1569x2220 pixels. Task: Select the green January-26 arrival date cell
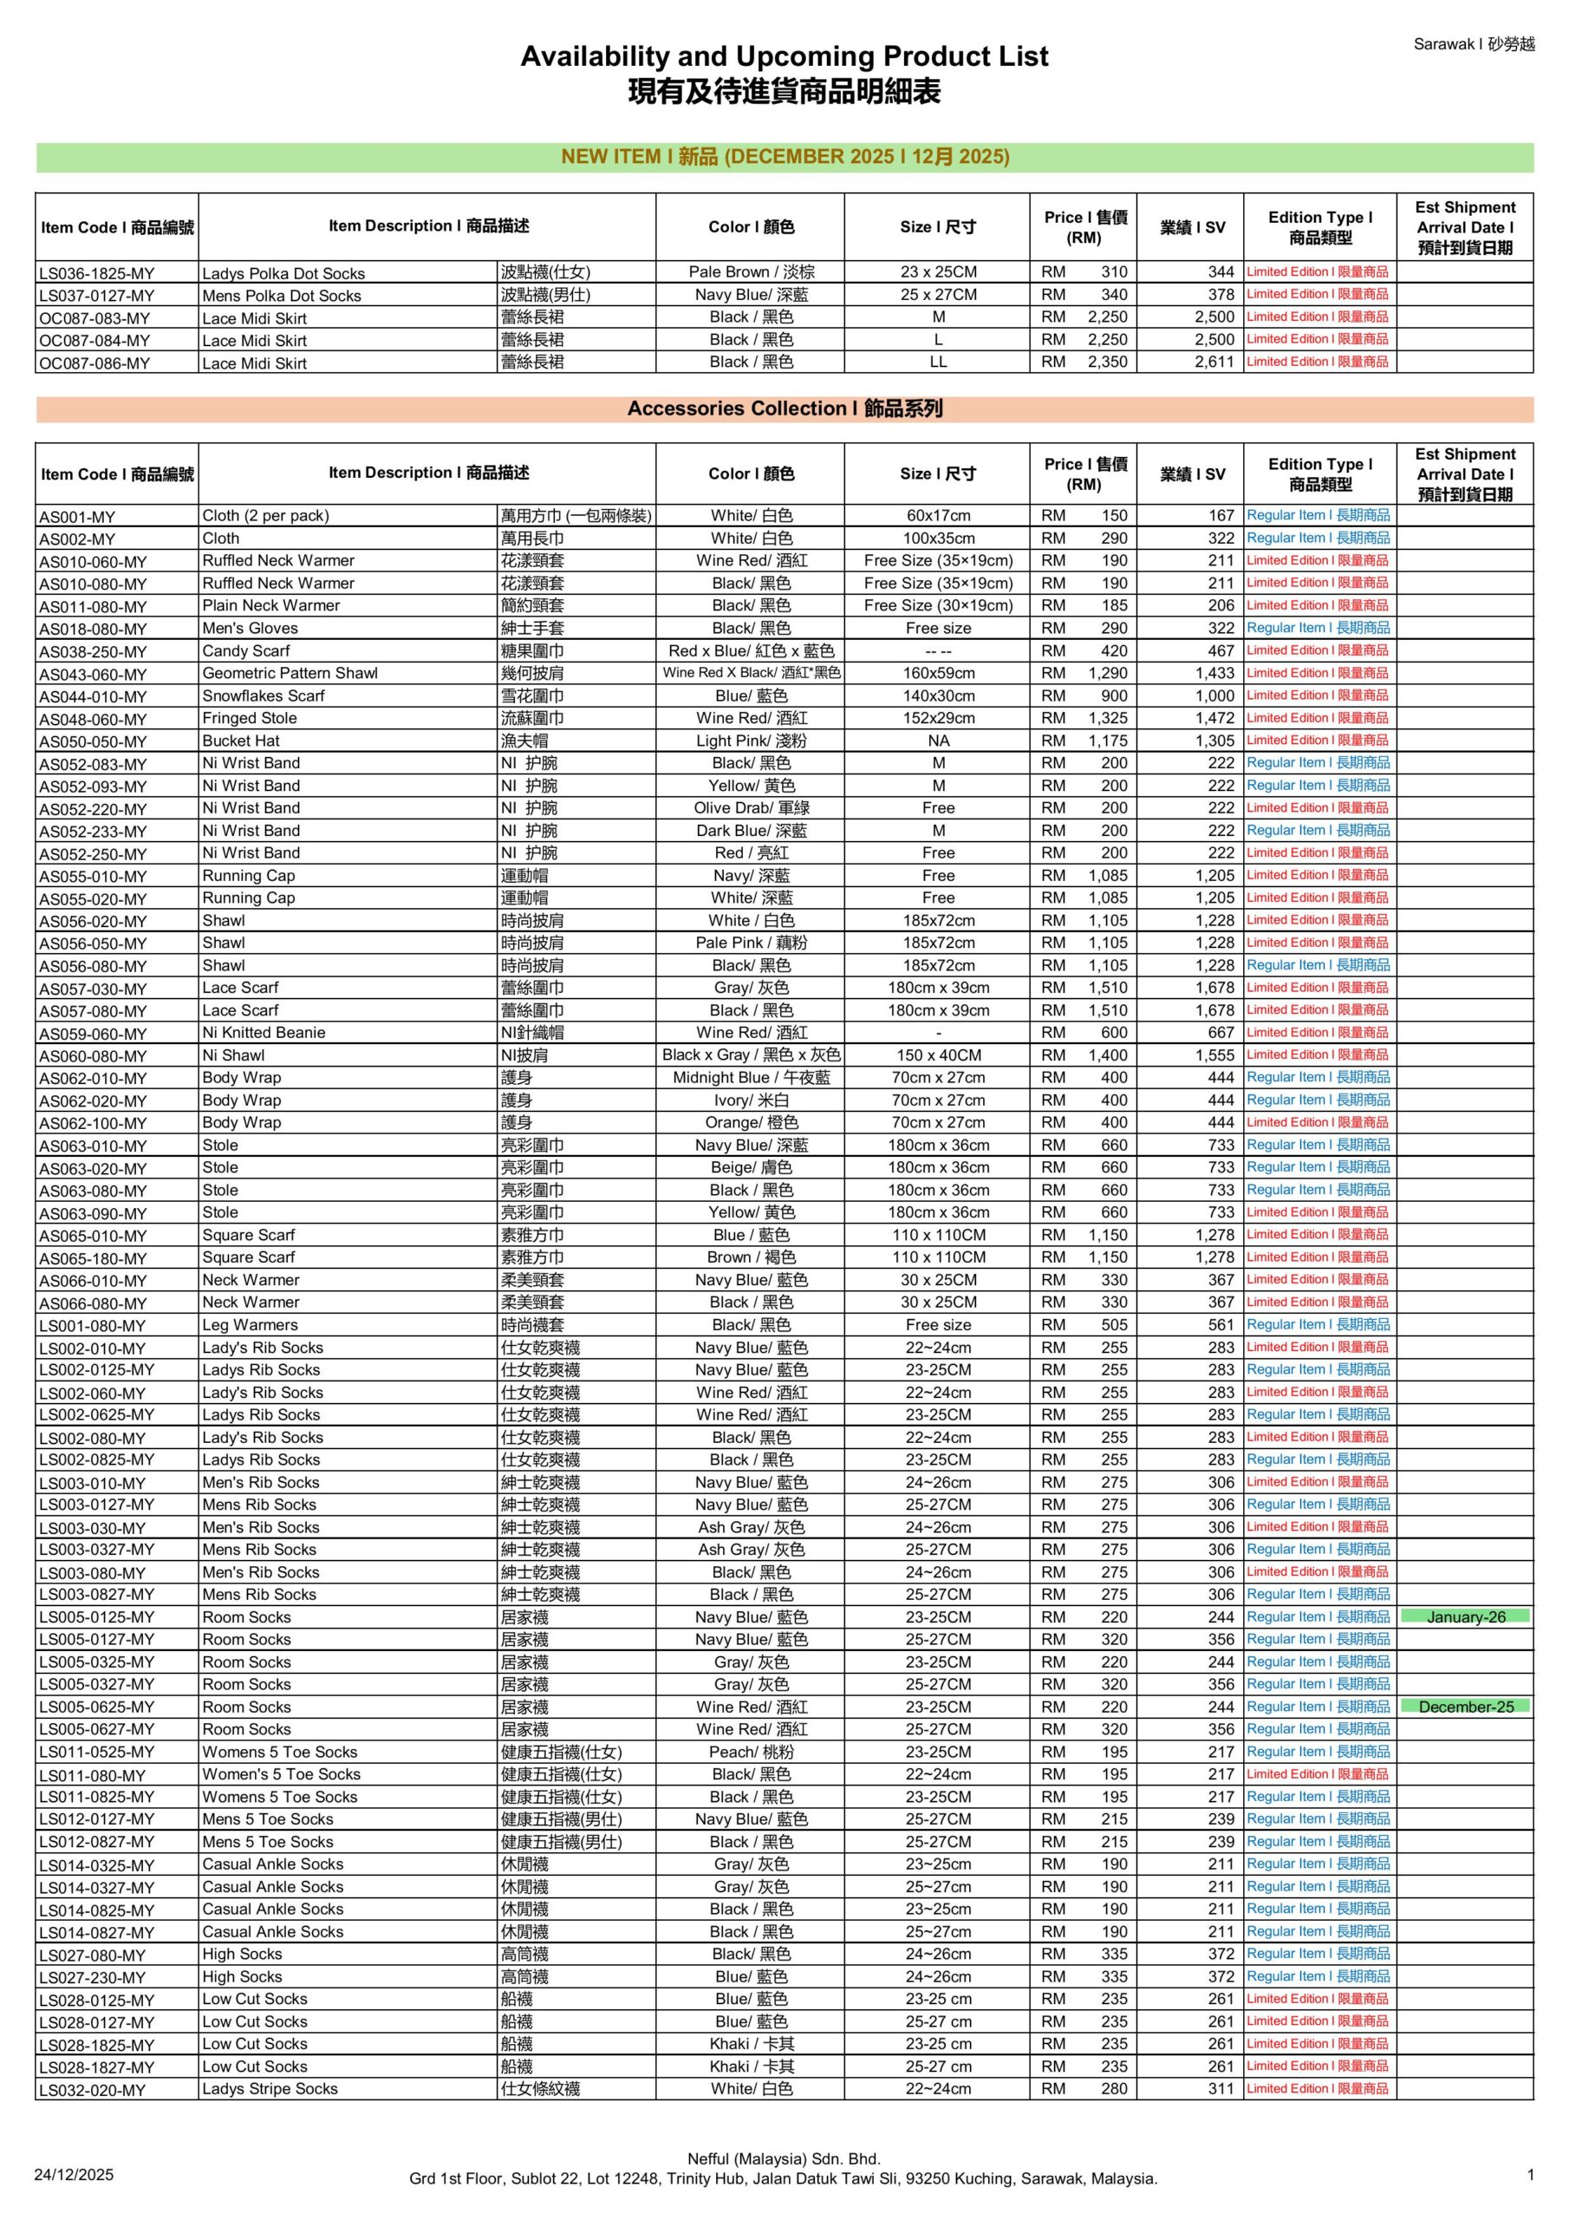pos(1466,1616)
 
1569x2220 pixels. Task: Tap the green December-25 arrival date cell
pos(1466,1707)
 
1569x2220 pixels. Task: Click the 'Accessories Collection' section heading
pos(784,409)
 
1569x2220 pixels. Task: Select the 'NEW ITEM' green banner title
pos(784,157)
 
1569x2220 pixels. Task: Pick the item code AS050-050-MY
pos(93,741)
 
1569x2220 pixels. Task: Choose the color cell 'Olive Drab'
pos(752,808)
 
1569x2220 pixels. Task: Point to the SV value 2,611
pos(1214,362)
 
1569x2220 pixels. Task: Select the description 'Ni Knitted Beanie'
pos(263,1033)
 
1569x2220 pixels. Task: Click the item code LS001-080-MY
pos(93,1326)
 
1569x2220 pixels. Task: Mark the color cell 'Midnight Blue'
pos(752,1077)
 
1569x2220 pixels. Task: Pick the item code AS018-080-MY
pos(93,630)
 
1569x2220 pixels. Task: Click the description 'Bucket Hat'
pos(241,741)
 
